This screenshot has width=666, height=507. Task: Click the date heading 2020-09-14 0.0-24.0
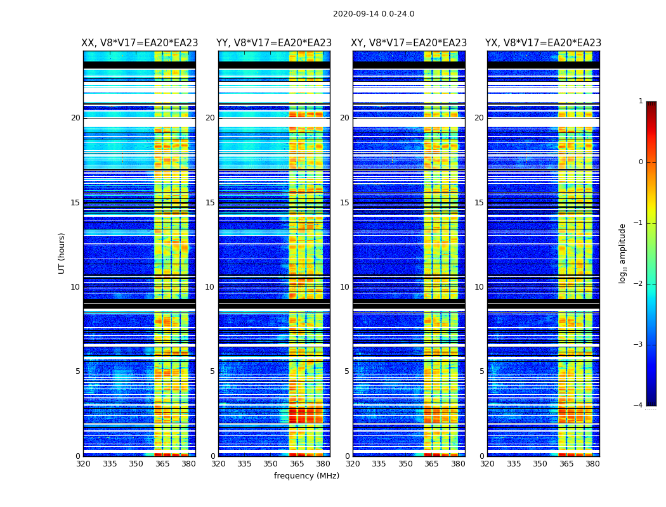pos(374,14)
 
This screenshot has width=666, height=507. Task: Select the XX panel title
pos(140,43)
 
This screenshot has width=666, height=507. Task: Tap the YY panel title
pos(274,43)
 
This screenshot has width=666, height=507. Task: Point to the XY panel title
pos(409,43)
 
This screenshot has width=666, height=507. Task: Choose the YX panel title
pos(543,43)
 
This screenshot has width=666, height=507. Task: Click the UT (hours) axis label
pos(62,253)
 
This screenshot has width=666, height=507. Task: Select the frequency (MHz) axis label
pos(306,476)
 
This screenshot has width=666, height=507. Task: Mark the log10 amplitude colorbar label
pos(623,253)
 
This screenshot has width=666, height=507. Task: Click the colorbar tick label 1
pos(640,101)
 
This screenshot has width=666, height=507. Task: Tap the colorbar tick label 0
pos(640,162)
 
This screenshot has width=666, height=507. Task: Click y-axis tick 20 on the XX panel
pos(75,118)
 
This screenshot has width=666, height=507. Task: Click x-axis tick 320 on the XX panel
pos(83,464)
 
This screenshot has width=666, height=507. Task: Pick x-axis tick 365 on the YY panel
pos(297,464)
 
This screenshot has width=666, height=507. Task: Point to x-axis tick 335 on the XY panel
pos(379,464)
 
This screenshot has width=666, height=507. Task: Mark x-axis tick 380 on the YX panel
pos(592,464)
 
